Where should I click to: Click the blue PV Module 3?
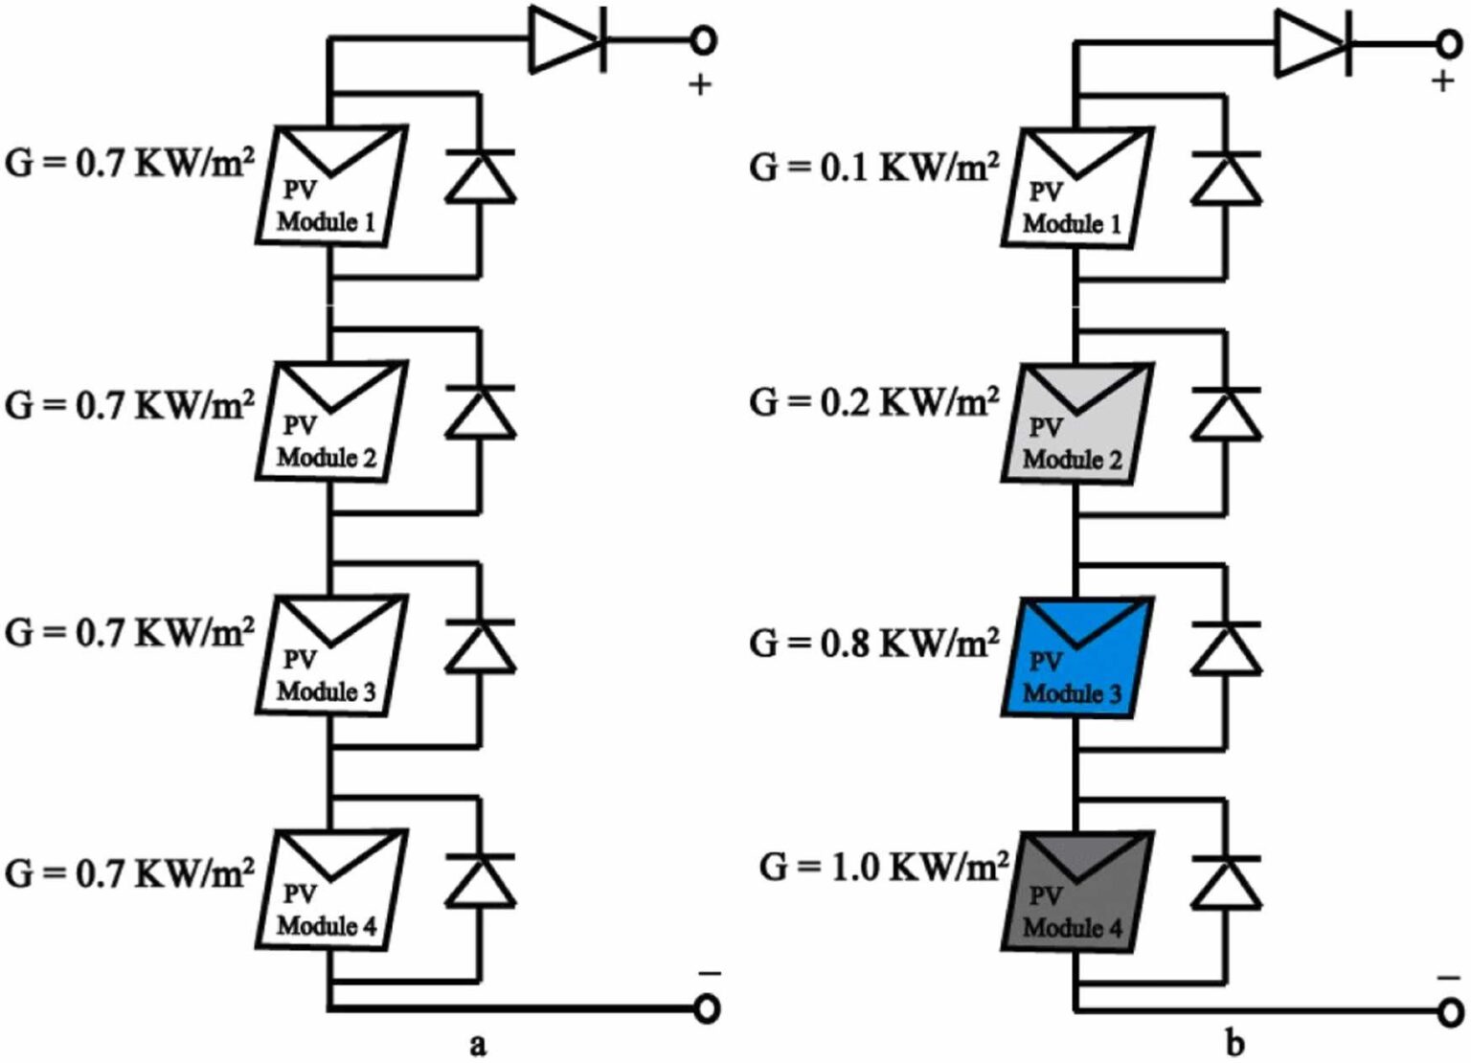click(1076, 658)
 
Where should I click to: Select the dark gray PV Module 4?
click(1076, 892)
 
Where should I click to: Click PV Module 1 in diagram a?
click(331, 185)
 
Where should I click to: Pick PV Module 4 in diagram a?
click(331, 890)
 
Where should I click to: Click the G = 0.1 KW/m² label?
click(873, 167)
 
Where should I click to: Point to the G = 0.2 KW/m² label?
click(873, 402)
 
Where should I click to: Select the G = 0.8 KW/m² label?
click(873, 642)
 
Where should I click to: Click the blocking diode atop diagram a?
click(568, 40)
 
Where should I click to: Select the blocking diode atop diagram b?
click(1313, 43)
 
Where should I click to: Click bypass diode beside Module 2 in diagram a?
click(480, 413)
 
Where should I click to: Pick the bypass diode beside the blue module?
click(1226, 648)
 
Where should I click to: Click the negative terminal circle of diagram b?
click(1451, 1011)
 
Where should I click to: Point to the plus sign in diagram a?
click(700, 85)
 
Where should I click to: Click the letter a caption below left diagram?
click(478, 1044)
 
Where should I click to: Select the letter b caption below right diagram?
click(1235, 1043)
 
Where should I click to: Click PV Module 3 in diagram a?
click(331, 656)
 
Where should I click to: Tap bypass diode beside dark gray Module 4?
click(1226, 882)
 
